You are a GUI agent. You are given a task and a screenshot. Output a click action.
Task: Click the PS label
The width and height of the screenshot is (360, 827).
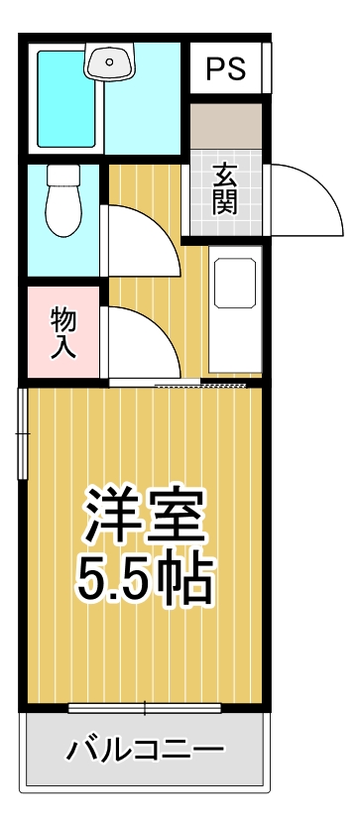(225, 68)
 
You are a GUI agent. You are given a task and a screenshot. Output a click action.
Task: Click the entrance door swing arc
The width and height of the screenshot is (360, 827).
(302, 198)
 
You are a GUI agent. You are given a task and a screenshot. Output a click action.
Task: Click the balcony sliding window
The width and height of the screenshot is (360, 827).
(145, 708)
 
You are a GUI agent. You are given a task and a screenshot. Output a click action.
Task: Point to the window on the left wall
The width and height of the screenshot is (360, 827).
(23, 432)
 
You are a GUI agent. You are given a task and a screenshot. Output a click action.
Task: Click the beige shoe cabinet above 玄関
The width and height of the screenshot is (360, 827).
(225, 127)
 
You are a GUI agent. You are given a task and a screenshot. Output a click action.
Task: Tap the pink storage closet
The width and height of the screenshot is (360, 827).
(64, 332)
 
